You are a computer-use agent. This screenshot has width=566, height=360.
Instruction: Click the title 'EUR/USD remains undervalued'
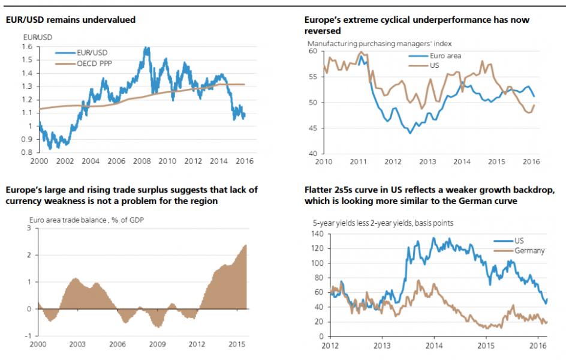coord(71,20)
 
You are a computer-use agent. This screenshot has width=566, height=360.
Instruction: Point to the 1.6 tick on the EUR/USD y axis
coord(27,47)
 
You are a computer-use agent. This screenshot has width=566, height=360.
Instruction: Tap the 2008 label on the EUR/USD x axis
coord(141,161)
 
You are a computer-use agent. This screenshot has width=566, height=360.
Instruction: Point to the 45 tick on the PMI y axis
coord(314,128)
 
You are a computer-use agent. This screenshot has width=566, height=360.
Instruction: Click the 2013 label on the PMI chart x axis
coord(427,161)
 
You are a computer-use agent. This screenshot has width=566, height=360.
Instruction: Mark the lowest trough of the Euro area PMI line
coord(410,132)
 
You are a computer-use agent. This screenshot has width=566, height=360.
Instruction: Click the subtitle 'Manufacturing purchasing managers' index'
coord(379,43)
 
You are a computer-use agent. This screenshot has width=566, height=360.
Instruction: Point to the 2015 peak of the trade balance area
coord(245,245)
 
